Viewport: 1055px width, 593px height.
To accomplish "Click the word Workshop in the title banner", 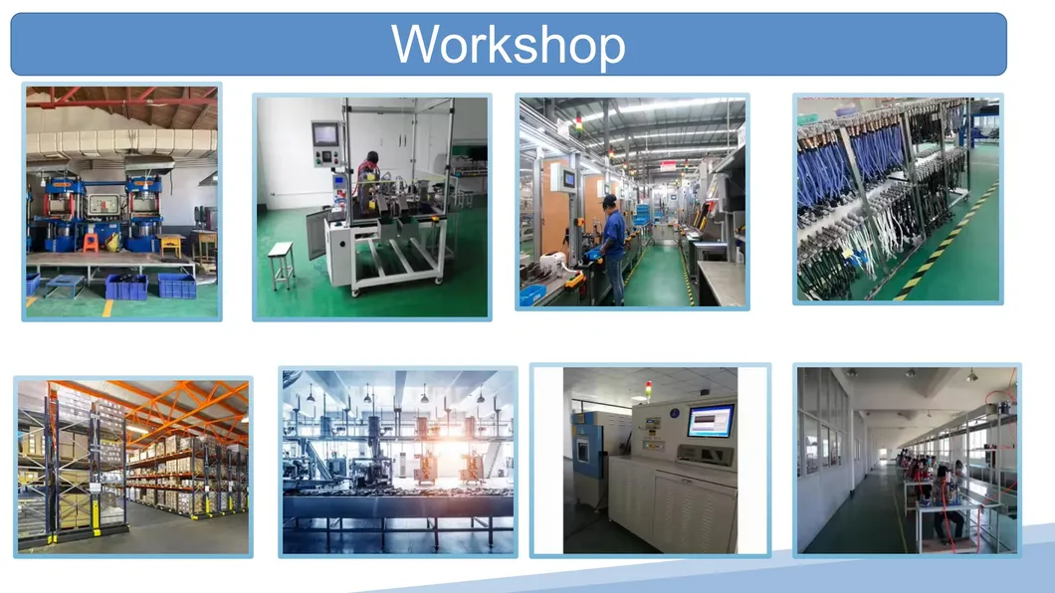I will pyautogui.click(x=509, y=45).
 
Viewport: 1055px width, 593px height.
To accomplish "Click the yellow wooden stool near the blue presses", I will pyautogui.click(x=170, y=244).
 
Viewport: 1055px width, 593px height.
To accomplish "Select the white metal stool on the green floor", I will pyautogui.click(x=281, y=261).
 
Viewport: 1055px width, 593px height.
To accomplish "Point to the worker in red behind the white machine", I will pyautogui.click(x=369, y=167).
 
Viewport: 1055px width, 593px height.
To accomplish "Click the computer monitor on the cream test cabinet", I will pyautogui.click(x=711, y=421).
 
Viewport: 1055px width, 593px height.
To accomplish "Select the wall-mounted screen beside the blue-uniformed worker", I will pyautogui.click(x=569, y=179).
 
